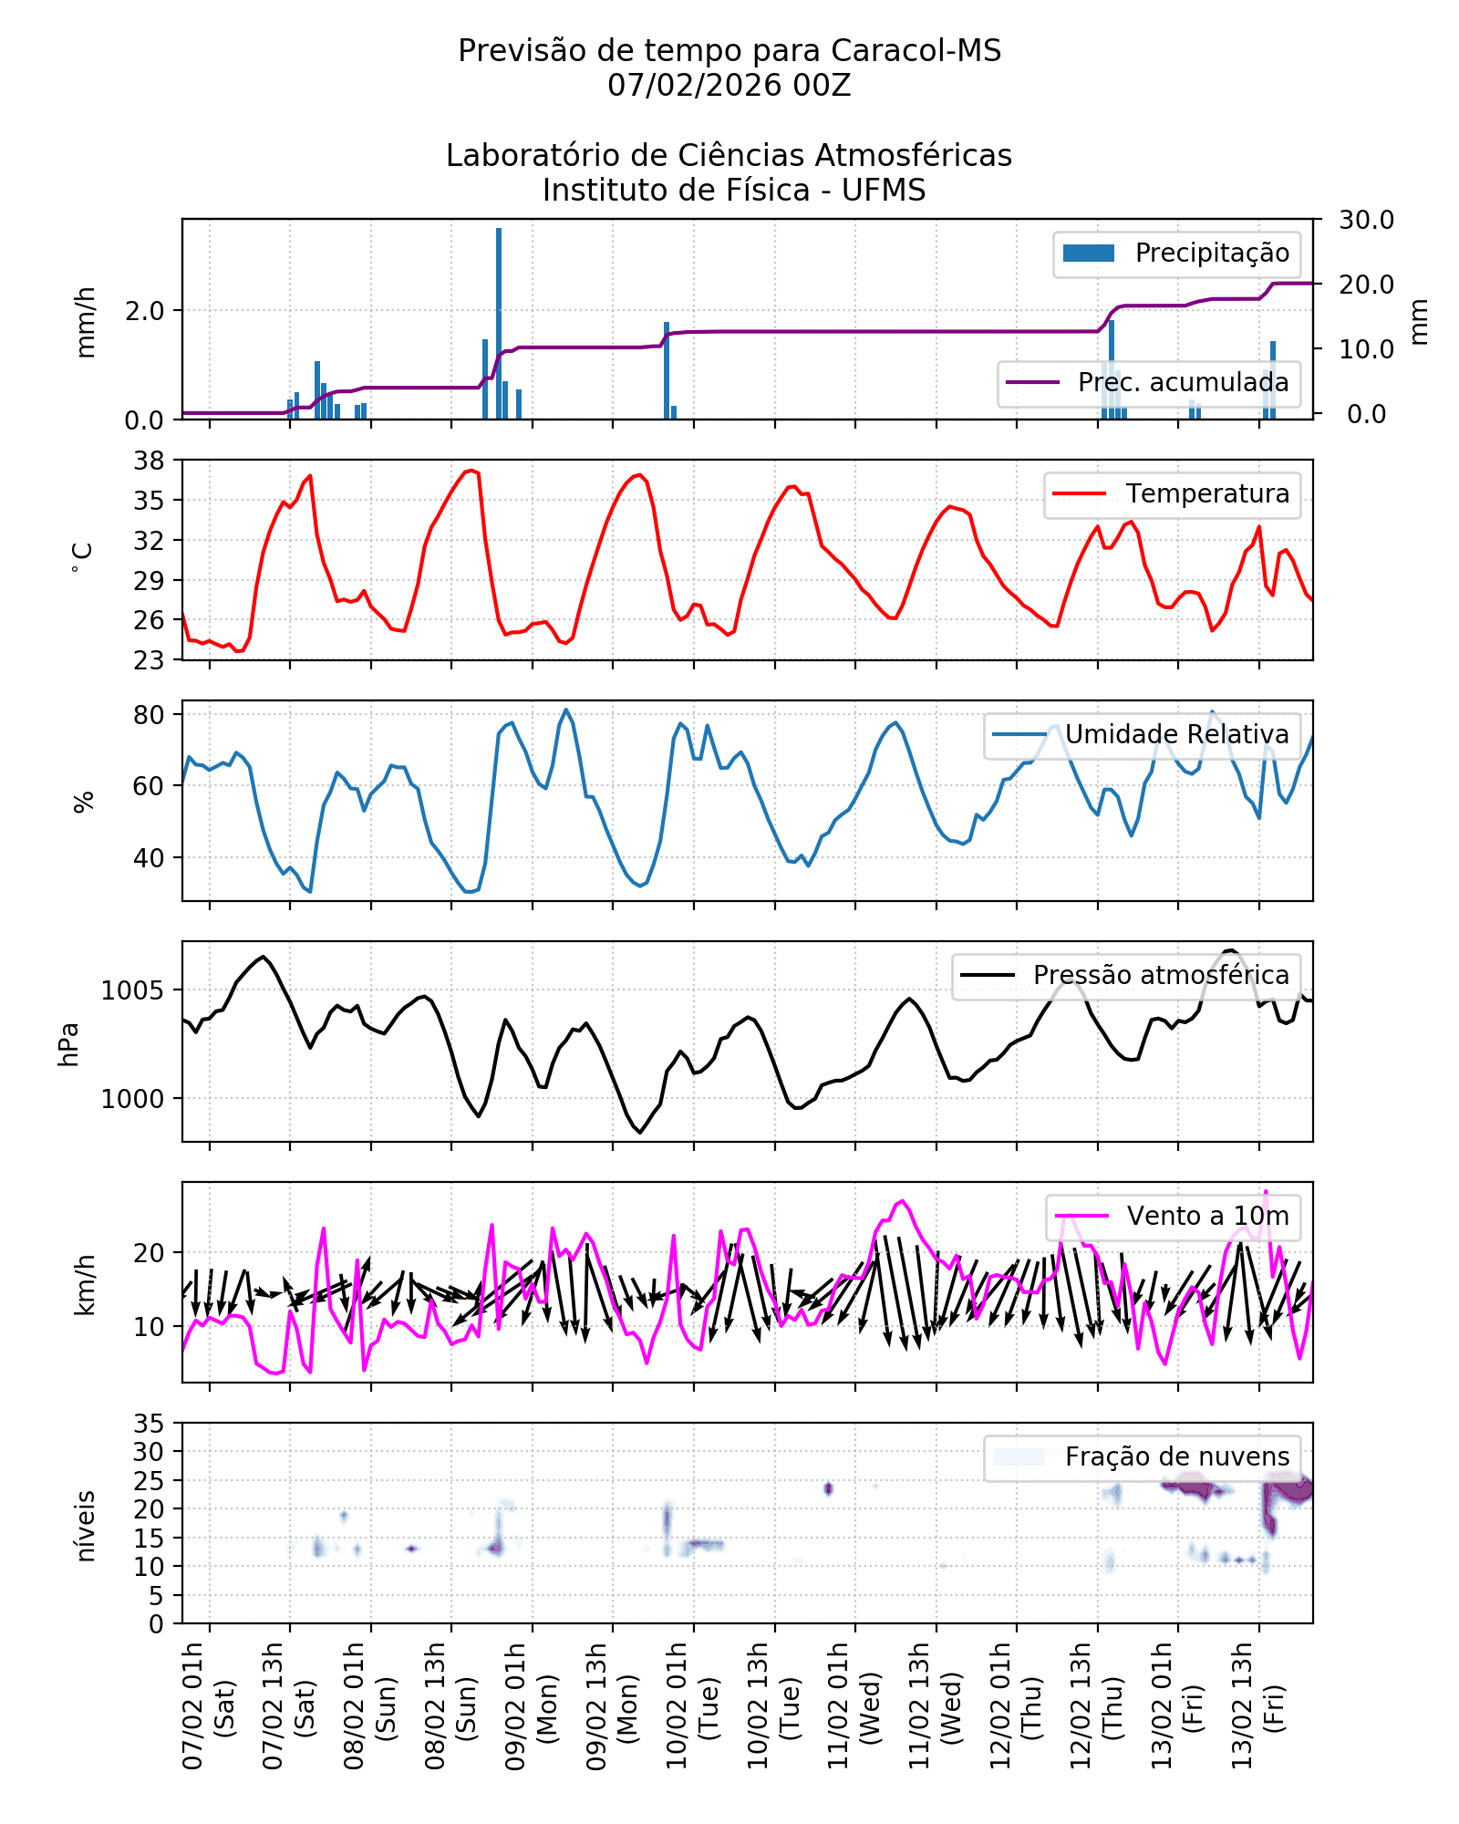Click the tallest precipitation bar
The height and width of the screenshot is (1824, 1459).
499,324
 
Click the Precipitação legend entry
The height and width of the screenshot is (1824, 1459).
1176,254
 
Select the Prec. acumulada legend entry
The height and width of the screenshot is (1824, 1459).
1149,383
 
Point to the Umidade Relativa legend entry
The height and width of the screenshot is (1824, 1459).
1140,735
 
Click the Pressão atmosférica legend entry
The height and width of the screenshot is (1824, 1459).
1126,976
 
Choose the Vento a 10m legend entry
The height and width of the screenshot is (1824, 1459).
1173,1217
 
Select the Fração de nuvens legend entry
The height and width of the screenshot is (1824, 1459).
1140,1457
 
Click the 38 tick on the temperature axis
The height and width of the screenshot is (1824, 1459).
150,461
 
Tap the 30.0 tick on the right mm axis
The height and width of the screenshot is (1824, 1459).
1366,220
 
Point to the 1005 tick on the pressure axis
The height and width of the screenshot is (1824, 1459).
133,990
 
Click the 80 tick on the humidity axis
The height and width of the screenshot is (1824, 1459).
150,715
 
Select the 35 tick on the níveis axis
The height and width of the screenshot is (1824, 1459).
150,1424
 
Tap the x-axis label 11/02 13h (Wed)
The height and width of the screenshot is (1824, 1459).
934,1705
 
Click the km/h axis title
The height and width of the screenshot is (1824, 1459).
84,1284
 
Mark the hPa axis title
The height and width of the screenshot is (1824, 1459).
69,1044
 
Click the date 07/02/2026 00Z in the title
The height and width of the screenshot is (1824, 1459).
729,86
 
